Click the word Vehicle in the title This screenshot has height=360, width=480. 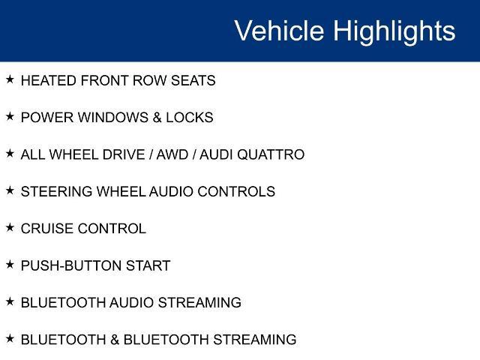pyautogui.click(x=279, y=30)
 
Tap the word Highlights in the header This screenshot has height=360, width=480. pyautogui.click(x=394, y=31)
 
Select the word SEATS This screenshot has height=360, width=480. pyautogui.click(x=193, y=80)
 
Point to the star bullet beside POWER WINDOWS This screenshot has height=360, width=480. pyautogui.click(x=10, y=116)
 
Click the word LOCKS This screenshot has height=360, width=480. pyautogui.click(x=190, y=118)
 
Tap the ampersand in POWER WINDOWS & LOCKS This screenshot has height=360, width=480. pyautogui.click(x=157, y=118)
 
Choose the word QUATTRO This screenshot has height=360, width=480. pyautogui.click(x=271, y=154)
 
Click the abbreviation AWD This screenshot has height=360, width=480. pyautogui.click(x=172, y=154)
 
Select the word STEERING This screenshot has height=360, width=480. pyautogui.click(x=57, y=192)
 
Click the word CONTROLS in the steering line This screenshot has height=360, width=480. pyautogui.click(x=236, y=192)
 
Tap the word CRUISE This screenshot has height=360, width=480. pyautogui.click(x=47, y=229)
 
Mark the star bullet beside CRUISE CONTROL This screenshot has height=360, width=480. pyautogui.click(x=10, y=227)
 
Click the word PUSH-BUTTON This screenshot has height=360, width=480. pyautogui.click(x=71, y=265)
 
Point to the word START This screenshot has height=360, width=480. pyautogui.click(x=148, y=265)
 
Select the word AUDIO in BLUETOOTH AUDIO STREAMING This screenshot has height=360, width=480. pyautogui.click(x=131, y=303)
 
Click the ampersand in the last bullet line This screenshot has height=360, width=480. pyautogui.click(x=115, y=340)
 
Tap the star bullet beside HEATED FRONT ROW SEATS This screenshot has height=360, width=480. pyautogui.click(x=10, y=79)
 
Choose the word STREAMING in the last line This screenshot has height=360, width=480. pyautogui.click(x=255, y=340)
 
